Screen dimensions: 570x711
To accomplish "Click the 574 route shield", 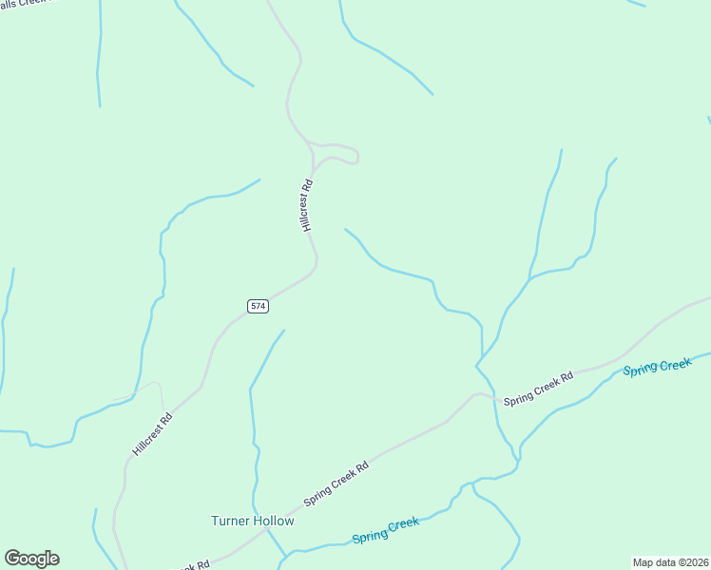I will (258, 306).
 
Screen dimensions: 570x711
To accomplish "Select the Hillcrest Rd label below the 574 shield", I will (153, 433).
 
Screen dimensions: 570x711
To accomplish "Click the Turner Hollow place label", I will (252, 521).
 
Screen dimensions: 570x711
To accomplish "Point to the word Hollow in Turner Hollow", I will (275, 521).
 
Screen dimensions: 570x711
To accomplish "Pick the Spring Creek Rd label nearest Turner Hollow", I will (336, 484).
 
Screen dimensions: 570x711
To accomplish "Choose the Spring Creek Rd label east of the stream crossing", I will (539, 389).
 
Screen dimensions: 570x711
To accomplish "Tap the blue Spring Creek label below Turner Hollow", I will (385, 530).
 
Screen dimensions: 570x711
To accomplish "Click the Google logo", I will (31, 559).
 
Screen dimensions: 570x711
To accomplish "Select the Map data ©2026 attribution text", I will (670, 562).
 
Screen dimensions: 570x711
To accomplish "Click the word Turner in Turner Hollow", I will (229, 521).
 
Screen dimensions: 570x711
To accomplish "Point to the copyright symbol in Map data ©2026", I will (677, 562).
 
